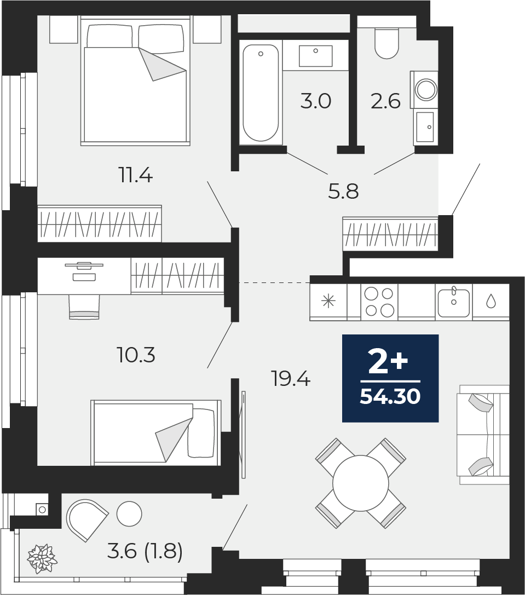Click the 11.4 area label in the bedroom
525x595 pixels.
click(x=136, y=176)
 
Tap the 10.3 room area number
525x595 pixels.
click(x=137, y=356)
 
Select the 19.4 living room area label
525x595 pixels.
click(x=291, y=378)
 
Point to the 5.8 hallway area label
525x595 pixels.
click(x=343, y=191)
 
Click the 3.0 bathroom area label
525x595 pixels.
click(x=316, y=101)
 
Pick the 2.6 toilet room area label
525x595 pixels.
click(x=386, y=101)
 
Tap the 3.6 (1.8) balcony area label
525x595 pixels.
click(x=145, y=551)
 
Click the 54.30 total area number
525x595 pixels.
click(x=390, y=396)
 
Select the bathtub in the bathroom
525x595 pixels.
click(x=261, y=93)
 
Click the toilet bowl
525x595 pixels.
click(x=386, y=43)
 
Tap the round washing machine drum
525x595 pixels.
click(x=426, y=90)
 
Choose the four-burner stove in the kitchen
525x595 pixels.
click(x=379, y=302)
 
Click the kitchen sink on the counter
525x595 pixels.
click(x=454, y=303)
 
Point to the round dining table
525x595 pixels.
click(x=361, y=483)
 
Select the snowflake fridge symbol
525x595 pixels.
click(x=329, y=302)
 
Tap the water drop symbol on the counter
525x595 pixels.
click(x=491, y=302)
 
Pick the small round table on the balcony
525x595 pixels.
click(x=129, y=514)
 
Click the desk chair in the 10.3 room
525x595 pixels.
click(x=84, y=307)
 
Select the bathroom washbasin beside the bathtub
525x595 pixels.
click(x=315, y=56)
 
